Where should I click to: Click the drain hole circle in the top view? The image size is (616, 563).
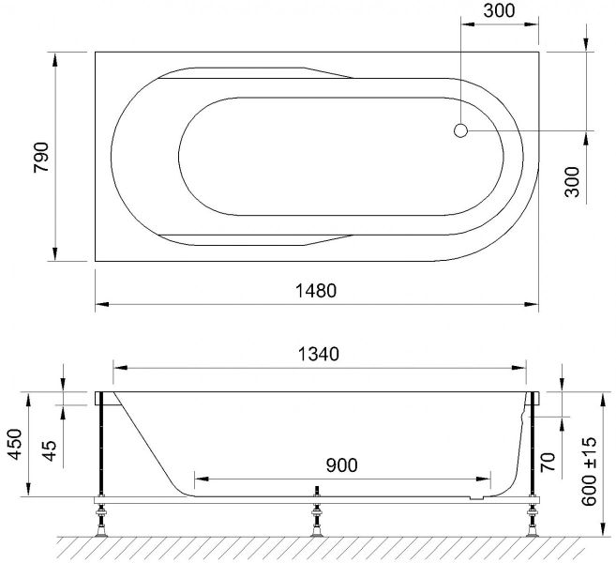click(x=460, y=130)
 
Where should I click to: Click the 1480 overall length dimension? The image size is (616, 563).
click(x=316, y=291)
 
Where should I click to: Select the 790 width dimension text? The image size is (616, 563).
click(x=41, y=157)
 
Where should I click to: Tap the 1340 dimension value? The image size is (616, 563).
click(x=319, y=355)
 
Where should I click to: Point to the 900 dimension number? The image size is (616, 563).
click(x=342, y=465)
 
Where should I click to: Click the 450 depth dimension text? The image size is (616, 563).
click(x=15, y=444)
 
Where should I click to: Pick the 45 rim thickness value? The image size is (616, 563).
click(x=50, y=451)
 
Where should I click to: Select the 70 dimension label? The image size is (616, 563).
click(x=548, y=462)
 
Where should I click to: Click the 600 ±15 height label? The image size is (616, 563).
click(x=589, y=471)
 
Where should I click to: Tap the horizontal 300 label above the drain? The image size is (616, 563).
click(x=499, y=11)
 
